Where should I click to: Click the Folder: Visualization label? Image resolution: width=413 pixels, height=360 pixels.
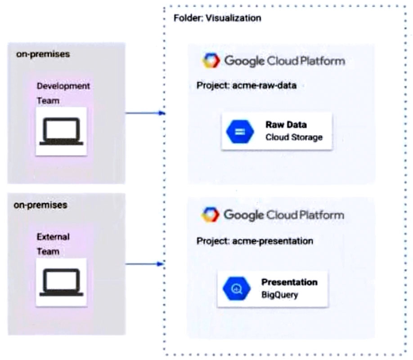click(x=217, y=18)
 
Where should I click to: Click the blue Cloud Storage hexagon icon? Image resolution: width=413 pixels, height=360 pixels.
click(x=240, y=131)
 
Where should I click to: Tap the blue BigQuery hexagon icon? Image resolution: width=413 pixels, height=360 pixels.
click(x=236, y=288)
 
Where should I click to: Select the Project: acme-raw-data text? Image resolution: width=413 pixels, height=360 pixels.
click(x=247, y=85)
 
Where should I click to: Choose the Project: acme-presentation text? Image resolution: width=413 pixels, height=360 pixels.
click(x=255, y=241)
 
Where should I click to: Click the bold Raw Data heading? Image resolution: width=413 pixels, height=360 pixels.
click(x=286, y=125)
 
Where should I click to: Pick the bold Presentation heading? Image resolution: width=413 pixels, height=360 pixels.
click(x=289, y=282)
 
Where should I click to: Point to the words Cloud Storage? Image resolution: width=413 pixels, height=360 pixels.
click(x=294, y=138)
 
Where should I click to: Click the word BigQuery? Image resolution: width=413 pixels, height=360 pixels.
click(x=279, y=295)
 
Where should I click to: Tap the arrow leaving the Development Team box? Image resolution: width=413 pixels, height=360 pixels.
click(x=144, y=113)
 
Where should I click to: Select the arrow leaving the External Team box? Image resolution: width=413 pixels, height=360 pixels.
click(x=144, y=264)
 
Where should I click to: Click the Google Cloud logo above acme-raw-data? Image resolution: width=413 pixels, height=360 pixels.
click(x=211, y=61)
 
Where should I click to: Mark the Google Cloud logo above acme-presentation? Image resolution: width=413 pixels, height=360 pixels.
click(x=210, y=214)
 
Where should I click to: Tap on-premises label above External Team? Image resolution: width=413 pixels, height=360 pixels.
click(x=40, y=205)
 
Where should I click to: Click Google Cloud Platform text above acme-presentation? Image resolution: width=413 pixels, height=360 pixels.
click(x=284, y=215)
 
